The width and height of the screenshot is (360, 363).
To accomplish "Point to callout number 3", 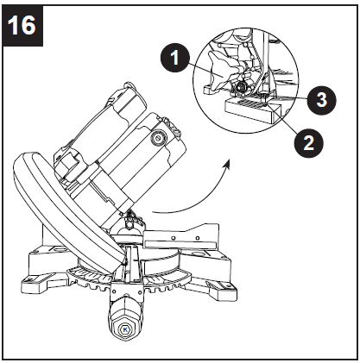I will [320, 99].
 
